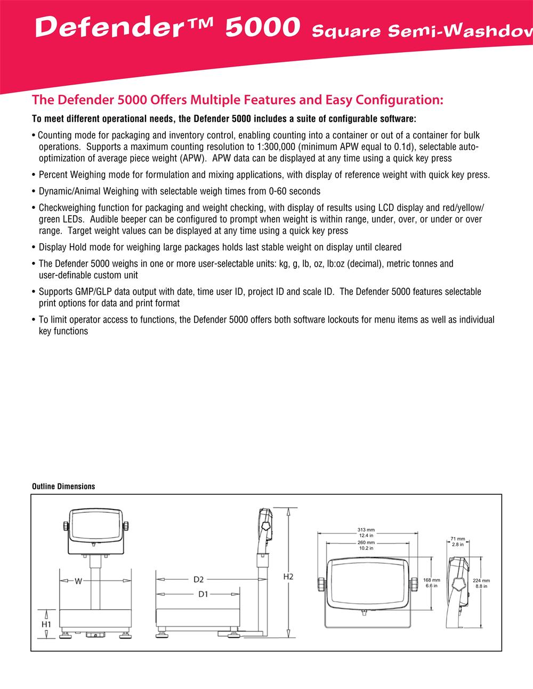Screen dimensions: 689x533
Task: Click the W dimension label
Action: (x=78, y=581)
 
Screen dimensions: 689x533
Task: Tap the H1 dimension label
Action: (x=46, y=624)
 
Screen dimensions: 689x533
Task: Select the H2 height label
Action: (x=288, y=577)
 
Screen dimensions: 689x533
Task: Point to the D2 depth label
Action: (x=199, y=579)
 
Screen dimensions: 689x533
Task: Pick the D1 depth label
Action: (x=203, y=594)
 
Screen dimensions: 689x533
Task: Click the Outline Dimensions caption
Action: (x=63, y=487)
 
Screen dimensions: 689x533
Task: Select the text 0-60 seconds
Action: (x=295, y=191)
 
